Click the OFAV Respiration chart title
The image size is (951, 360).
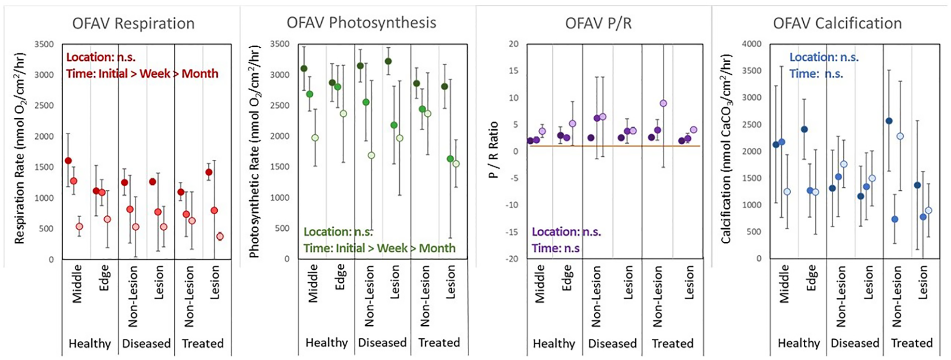click(x=133, y=23)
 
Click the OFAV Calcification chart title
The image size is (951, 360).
click(x=837, y=23)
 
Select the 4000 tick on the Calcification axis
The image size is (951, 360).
click(x=751, y=44)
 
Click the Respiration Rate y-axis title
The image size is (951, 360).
click(x=19, y=149)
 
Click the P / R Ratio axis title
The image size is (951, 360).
click(x=493, y=150)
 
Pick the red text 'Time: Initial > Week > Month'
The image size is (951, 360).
click(x=142, y=74)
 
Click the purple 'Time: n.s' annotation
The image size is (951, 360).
click(x=555, y=248)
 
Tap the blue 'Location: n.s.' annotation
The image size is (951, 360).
click(x=824, y=57)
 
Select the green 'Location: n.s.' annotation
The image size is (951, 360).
click(x=338, y=232)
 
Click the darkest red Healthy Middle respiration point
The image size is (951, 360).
click(x=68, y=161)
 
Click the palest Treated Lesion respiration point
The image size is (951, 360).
click(x=220, y=236)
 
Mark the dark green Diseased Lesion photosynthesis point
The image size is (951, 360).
click(x=388, y=61)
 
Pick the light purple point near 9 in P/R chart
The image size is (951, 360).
click(x=663, y=103)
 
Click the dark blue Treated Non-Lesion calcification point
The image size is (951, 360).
click(x=889, y=121)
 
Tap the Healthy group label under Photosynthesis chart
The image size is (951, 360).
click(x=326, y=343)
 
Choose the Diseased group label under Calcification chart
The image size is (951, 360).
click(x=854, y=343)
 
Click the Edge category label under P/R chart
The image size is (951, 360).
click(x=566, y=277)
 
